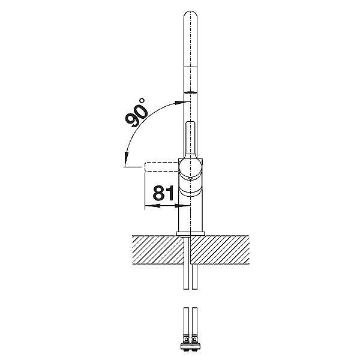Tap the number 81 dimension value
163,193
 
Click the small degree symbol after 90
142,101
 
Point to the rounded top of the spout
191,14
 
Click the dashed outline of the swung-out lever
161,166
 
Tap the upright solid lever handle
190,139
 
